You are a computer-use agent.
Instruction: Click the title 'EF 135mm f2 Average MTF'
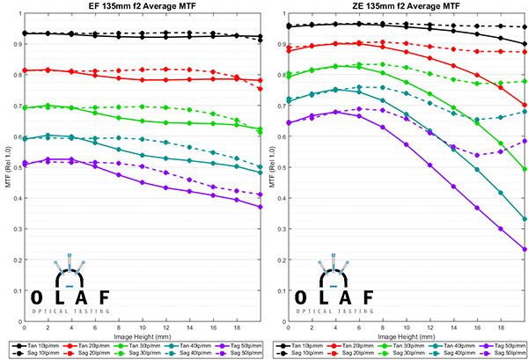[143, 5]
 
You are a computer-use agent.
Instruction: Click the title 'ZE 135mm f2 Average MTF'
[407, 5]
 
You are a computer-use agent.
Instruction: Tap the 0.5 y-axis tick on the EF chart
[18, 167]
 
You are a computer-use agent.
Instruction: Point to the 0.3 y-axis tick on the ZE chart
[282, 229]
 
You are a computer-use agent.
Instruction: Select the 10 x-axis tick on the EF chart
[143, 327]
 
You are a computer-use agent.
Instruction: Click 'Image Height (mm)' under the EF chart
[143, 336]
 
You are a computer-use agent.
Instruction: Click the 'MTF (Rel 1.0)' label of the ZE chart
[273, 167]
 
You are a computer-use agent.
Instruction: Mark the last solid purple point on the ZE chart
[524, 249]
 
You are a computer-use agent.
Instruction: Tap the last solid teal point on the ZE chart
[524, 219]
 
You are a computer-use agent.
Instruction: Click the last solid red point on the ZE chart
[524, 105]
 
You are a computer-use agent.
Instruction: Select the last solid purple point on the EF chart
[260, 207]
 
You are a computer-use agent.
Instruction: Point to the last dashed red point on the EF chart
[260, 89]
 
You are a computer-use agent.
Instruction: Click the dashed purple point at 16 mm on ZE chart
[477, 155]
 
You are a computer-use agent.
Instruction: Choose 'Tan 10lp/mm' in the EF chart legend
[44, 346]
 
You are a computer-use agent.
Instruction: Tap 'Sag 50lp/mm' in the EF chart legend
[246, 353]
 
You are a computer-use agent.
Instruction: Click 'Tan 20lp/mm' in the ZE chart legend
[358, 346]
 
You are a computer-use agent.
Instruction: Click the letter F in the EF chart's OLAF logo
[105, 298]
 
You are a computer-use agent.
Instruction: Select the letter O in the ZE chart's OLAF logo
[301, 298]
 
